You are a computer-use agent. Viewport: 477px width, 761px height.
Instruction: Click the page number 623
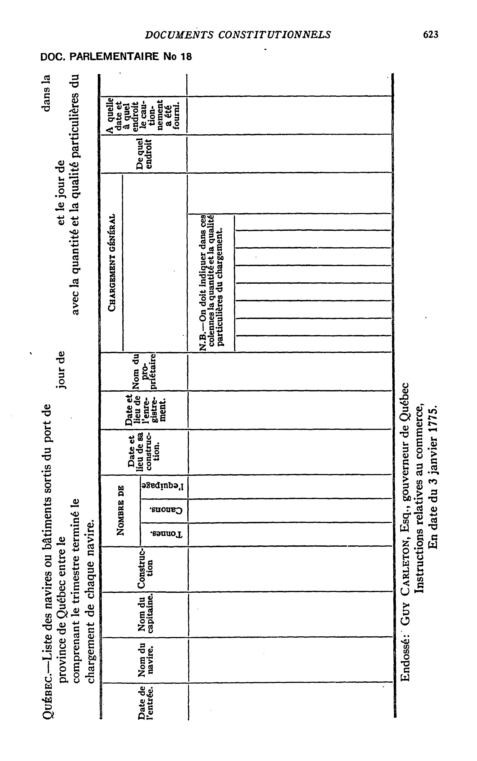(x=431, y=34)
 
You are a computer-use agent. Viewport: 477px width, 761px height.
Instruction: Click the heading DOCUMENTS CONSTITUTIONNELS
(x=238, y=34)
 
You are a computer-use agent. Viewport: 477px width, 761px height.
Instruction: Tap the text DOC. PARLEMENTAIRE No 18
(x=116, y=57)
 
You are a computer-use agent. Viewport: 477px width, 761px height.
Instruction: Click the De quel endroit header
(x=145, y=153)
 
